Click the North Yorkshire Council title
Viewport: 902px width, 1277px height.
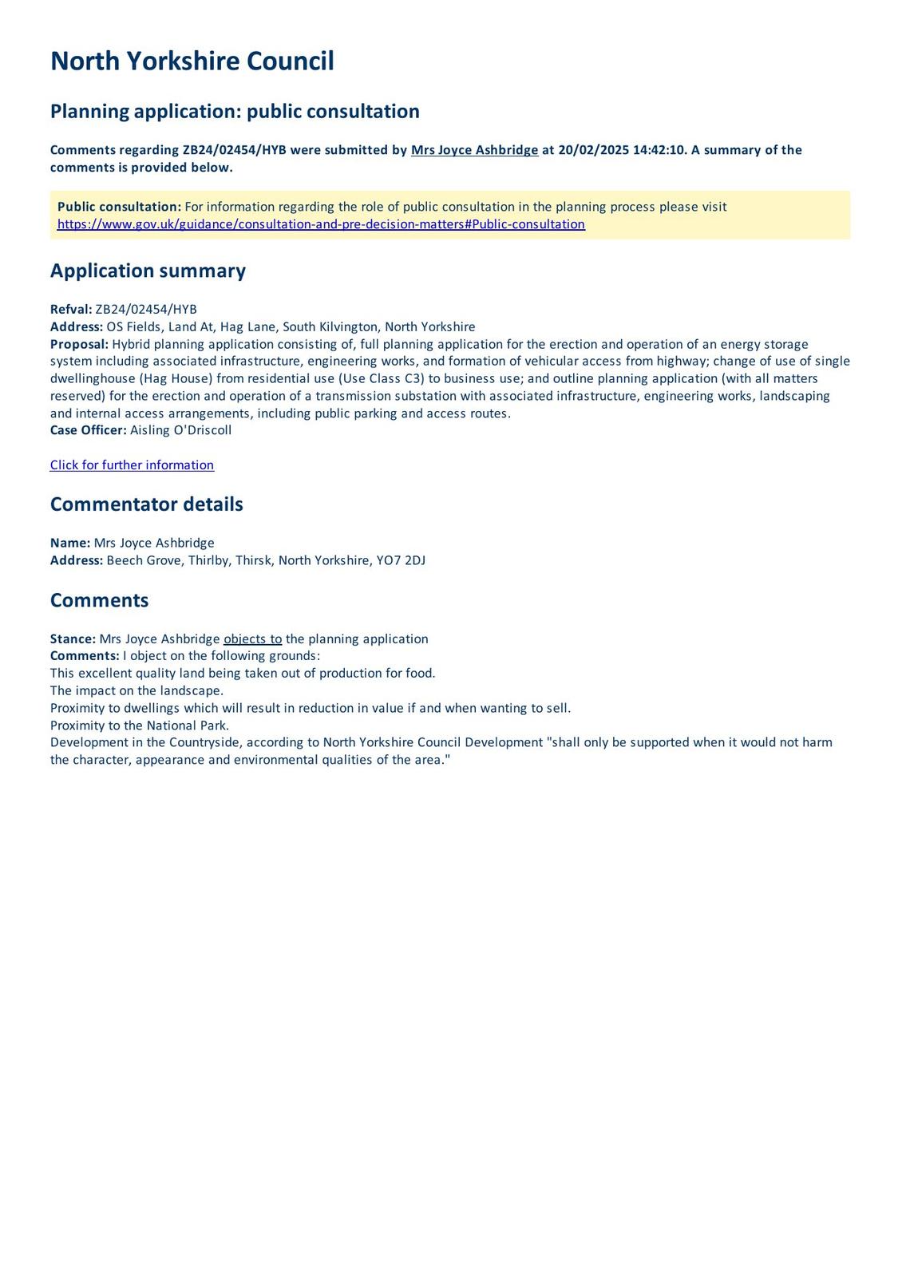point(192,61)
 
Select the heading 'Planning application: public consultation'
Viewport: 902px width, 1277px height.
point(235,111)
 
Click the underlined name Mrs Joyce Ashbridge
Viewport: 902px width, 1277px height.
point(474,150)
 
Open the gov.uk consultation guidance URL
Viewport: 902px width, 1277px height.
point(321,224)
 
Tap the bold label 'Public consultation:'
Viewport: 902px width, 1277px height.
point(119,207)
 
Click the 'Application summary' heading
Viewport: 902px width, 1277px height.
point(148,271)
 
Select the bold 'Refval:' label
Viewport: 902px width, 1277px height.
point(71,310)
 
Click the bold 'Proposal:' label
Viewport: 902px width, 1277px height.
point(79,344)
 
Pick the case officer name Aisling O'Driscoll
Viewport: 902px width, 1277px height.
point(180,430)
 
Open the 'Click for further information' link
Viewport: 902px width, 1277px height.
point(132,465)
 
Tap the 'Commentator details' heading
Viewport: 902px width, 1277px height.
point(146,504)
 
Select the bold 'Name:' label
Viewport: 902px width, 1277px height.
point(70,543)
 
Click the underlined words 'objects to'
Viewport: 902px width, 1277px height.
point(252,639)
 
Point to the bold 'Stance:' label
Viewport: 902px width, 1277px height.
point(73,639)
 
